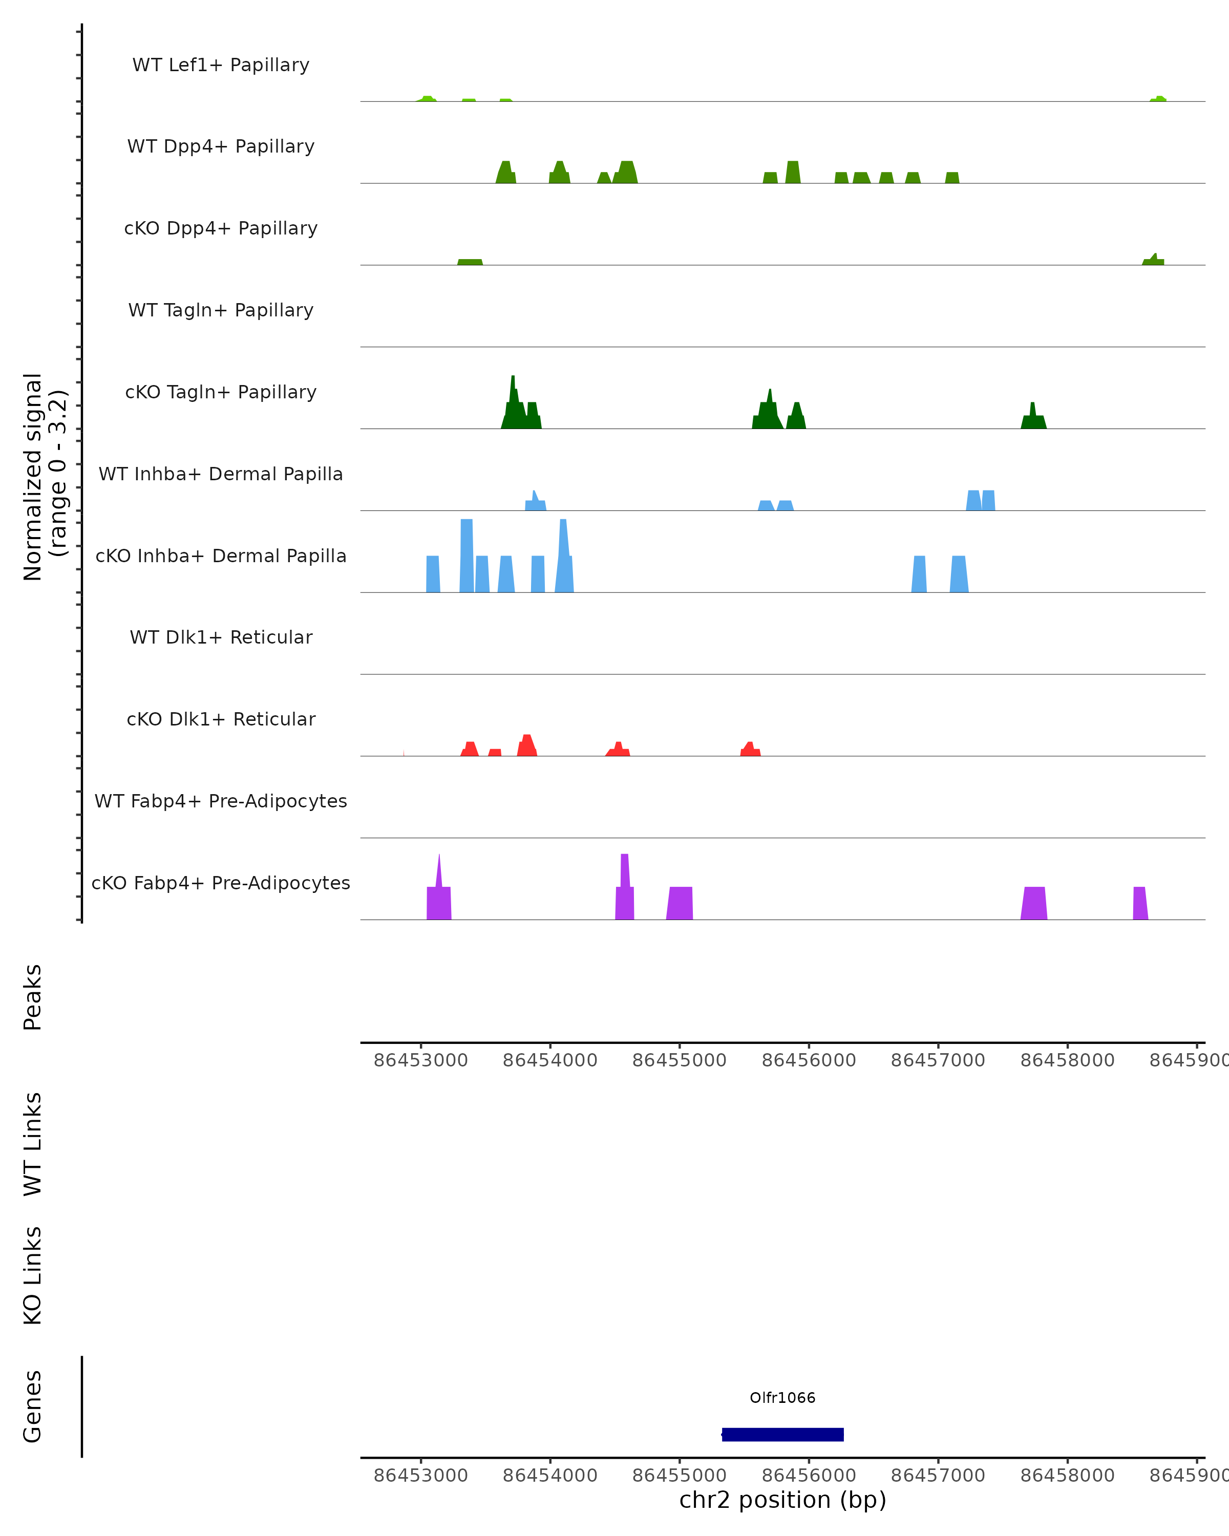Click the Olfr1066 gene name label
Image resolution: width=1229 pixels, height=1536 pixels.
tap(782, 1398)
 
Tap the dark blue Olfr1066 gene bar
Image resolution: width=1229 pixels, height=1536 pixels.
tap(782, 1435)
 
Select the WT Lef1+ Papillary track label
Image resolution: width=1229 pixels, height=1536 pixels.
tap(221, 65)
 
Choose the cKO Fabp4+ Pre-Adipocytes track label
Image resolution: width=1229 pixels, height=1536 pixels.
tap(221, 883)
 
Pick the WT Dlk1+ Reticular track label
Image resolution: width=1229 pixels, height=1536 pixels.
tap(221, 637)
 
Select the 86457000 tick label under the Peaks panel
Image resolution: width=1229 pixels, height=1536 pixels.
tap(938, 1060)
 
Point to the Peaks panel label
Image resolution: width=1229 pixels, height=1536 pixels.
tap(33, 997)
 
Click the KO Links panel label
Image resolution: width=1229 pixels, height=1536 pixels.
tap(33, 1276)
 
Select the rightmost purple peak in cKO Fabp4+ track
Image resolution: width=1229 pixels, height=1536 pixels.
tap(1140, 903)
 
